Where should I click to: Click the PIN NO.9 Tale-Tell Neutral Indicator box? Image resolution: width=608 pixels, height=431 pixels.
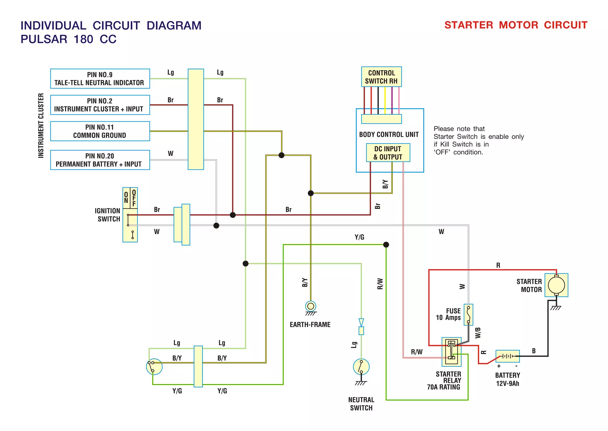point(100,79)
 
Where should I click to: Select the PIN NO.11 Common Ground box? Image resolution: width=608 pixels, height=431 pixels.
point(100,131)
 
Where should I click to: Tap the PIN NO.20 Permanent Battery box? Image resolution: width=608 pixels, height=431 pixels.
point(100,160)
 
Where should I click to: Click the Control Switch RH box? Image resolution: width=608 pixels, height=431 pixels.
point(381,77)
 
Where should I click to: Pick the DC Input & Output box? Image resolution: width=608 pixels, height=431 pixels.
point(388,153)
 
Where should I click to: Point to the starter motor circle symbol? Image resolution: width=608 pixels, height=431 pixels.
point(556,285)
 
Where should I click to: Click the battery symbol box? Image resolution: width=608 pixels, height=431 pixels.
point(507,356)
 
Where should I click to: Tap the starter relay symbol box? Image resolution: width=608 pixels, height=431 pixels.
point(451,352)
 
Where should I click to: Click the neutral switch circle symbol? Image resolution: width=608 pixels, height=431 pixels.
point(361,367)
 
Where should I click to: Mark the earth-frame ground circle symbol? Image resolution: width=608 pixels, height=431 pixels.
point(311,306)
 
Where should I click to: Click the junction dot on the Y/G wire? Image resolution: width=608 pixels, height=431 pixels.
point(386,245)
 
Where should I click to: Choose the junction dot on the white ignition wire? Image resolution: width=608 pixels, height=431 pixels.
point(216,226)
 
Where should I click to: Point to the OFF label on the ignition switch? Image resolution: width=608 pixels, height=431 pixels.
point(134,198)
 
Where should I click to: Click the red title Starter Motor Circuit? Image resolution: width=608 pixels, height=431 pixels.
point(516,25)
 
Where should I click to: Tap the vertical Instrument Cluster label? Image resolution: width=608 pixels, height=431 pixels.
point(41,125)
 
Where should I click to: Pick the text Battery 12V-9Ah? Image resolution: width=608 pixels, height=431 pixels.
point(507,379)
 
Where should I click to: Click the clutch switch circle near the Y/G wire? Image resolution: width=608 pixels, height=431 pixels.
point(154,367)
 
